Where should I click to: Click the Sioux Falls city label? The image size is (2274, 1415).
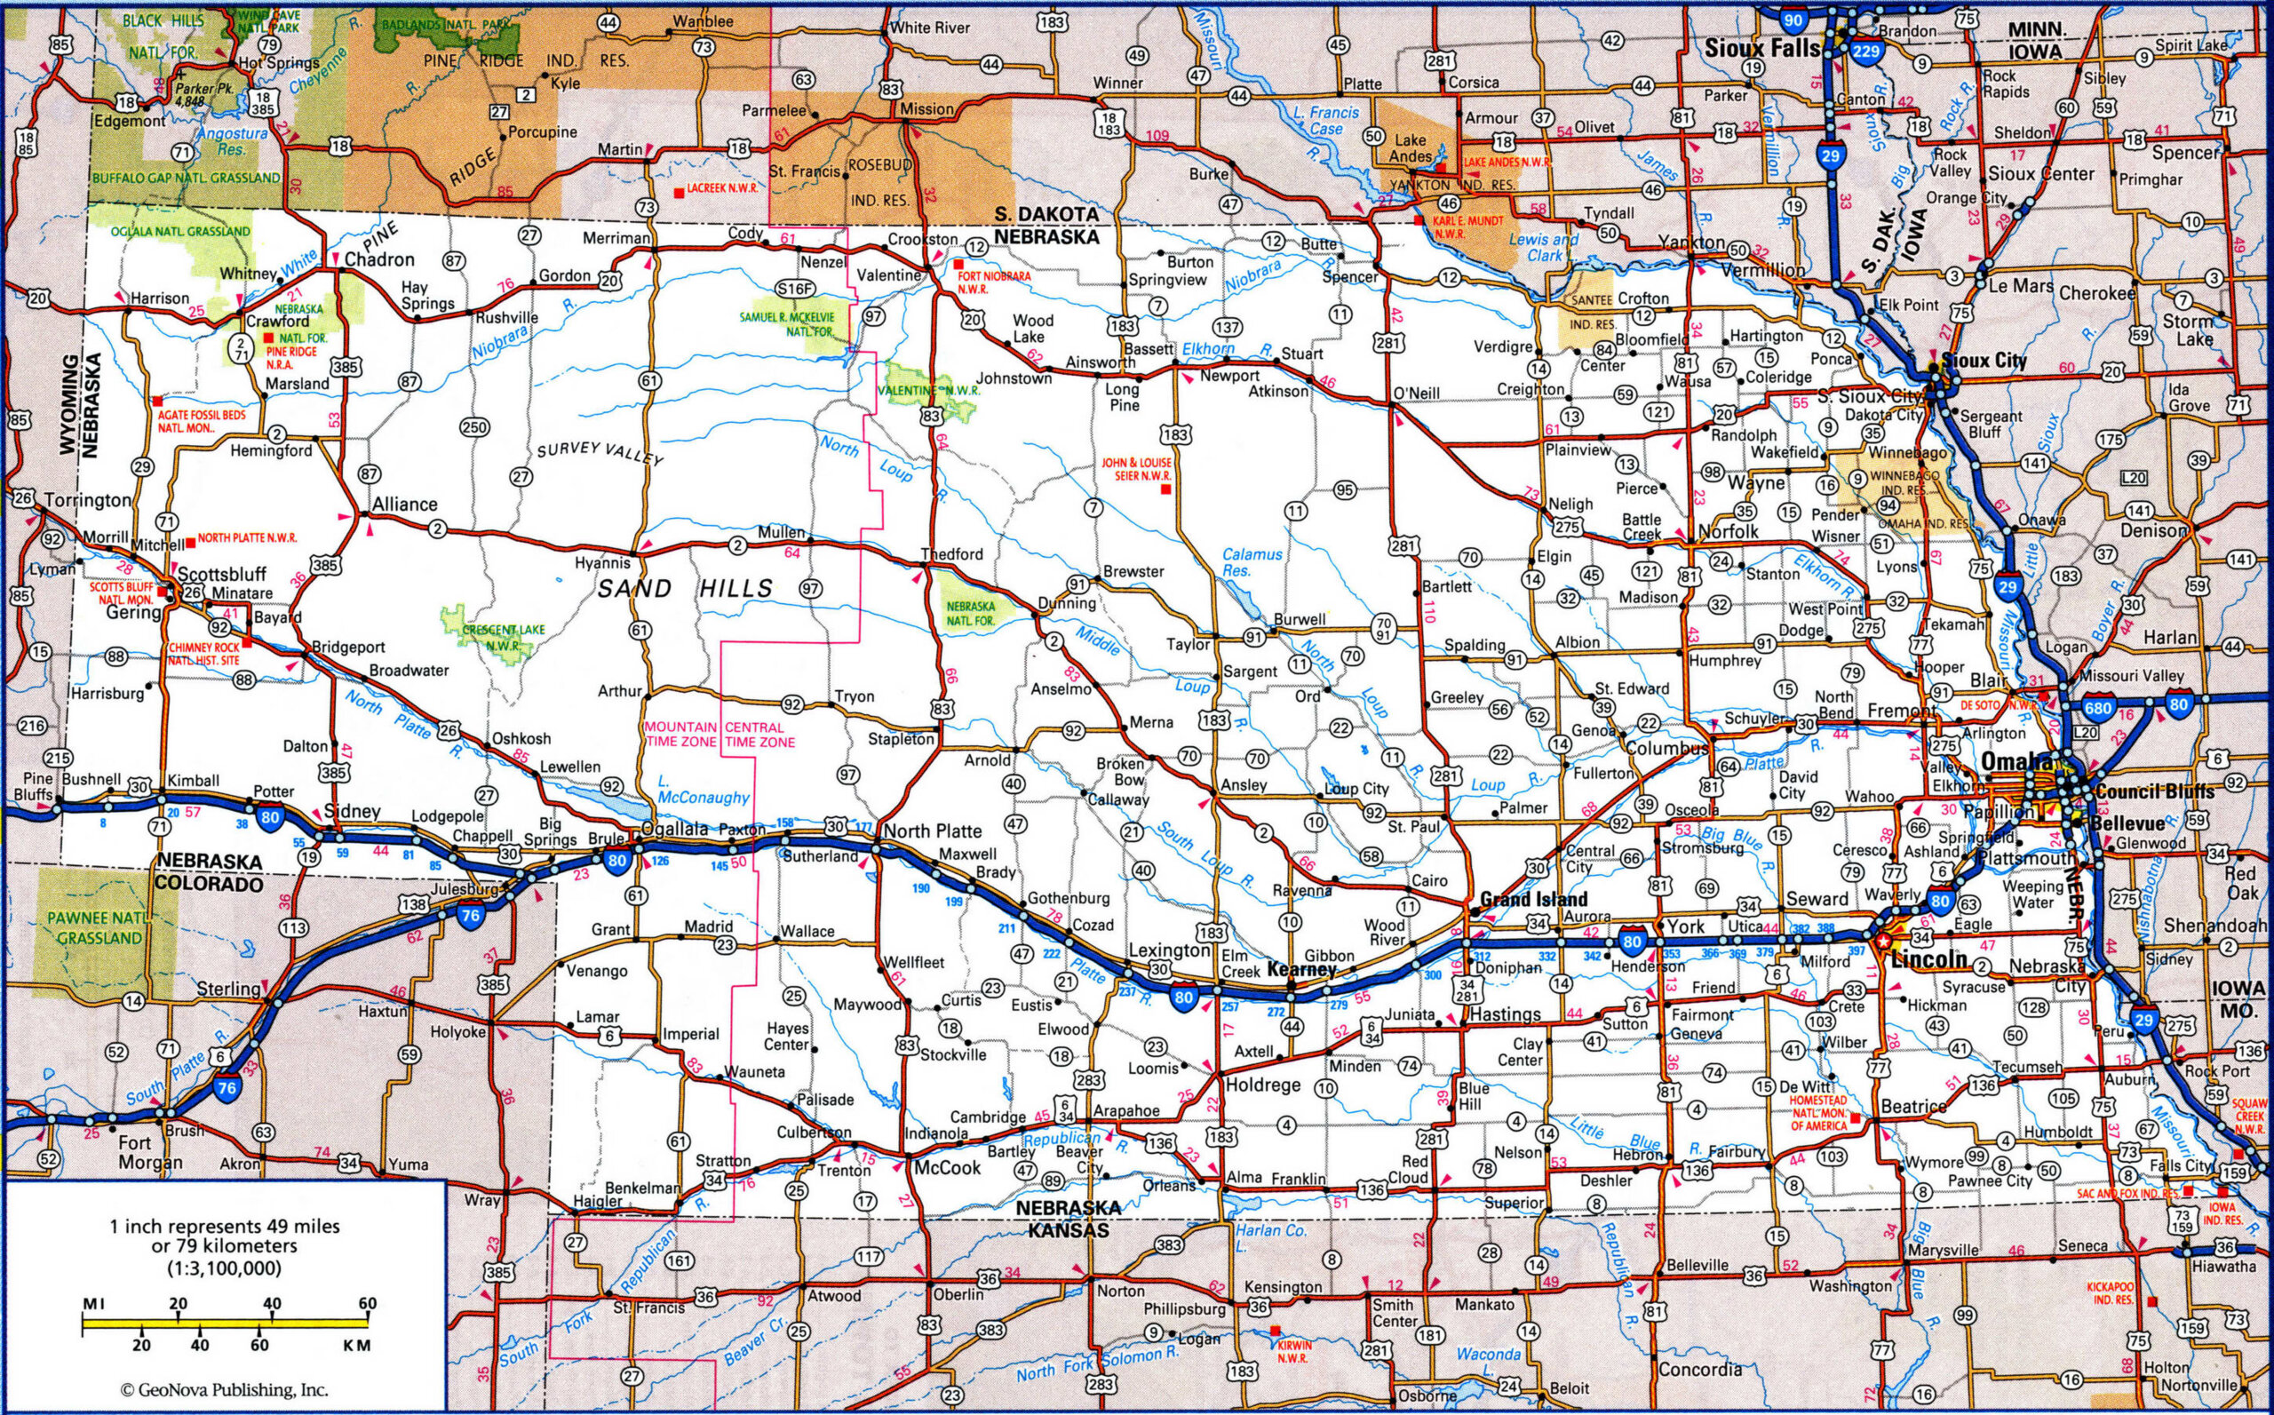(x=1761, y=48)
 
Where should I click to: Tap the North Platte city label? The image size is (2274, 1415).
(x=932, y=831)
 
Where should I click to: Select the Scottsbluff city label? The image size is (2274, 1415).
(x=222, y=574)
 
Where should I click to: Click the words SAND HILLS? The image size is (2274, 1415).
(x=686, y=589)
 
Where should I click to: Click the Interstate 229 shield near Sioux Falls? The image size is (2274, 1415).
(x=1866, y=51)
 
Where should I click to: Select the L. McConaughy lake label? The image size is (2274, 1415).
(x=703, y=789)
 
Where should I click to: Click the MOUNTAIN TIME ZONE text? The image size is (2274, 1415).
(x=680, y=735)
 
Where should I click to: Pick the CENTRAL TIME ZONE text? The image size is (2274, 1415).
(x=759, y=735)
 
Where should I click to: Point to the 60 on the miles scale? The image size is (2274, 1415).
(x=367, y=1303)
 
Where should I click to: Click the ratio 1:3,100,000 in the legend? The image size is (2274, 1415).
(x=225, y=1269)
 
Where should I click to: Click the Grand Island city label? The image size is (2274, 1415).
(x=1533, y=898)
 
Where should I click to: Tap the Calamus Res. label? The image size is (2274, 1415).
(x=1252, y=561)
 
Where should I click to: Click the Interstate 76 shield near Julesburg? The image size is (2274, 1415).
(x=470, y=916)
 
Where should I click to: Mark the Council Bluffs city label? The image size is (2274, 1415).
(x=2154, y=791)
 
